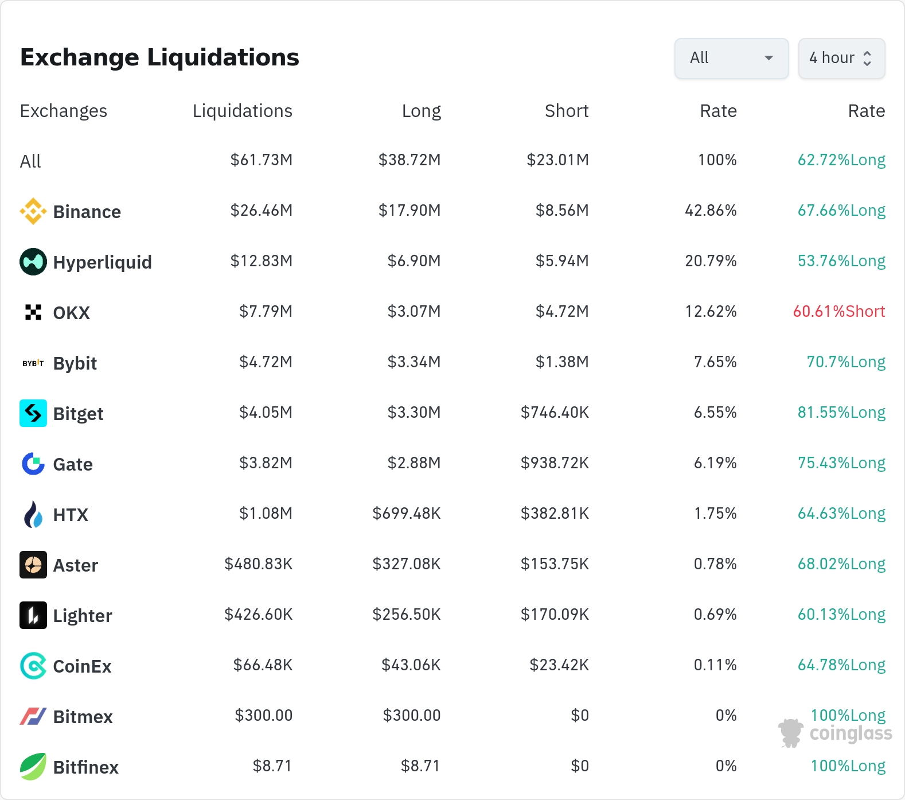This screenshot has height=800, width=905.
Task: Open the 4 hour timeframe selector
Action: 841,59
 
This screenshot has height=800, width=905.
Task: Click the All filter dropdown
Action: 731,59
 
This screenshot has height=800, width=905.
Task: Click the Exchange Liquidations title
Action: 159,57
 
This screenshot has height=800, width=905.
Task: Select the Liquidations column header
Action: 242,111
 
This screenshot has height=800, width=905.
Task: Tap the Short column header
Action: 567,111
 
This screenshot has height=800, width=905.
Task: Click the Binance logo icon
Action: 33,211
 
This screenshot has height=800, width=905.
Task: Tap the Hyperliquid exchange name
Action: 103,262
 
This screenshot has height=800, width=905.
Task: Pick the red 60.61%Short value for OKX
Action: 839,311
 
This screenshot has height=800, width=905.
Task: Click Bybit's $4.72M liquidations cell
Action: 266,362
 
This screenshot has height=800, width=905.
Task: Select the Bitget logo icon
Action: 33,413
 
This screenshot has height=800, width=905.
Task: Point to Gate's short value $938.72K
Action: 555,463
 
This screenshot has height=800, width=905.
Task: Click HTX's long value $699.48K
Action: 407,513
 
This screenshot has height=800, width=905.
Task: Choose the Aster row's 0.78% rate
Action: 715,564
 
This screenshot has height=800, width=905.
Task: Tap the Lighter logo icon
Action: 33,615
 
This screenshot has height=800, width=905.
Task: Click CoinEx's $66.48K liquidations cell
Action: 263,665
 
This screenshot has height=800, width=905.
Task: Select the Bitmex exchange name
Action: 83,717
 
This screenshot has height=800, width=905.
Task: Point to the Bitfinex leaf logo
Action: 33,767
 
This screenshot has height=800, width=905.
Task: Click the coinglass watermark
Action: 835,733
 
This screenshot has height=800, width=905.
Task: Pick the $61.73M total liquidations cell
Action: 262,160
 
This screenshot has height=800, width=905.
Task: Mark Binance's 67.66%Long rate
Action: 841,210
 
